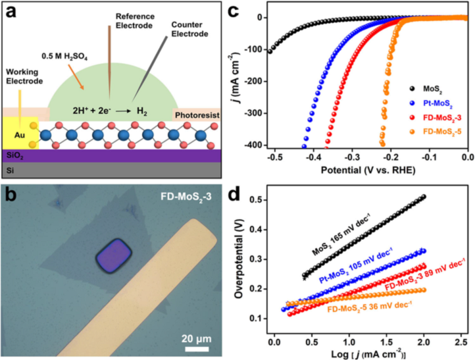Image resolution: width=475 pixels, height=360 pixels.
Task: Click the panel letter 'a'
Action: tap(9, 10)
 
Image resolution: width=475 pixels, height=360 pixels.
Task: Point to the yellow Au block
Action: tap(17, 136)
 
